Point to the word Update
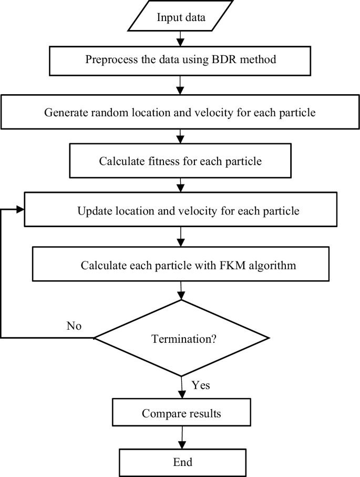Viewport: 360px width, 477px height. pos(95,211)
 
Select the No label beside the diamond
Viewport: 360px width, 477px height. pos(74,326)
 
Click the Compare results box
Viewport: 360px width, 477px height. pos(181,413)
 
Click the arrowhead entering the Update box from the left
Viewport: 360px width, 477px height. pos(20,210)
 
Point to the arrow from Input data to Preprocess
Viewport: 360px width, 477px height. pos(181,38)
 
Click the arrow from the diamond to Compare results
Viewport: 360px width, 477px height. pos(181,388)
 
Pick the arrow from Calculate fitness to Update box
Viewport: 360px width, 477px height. pos(181,185)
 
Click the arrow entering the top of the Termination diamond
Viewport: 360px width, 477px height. pos(181,290)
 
